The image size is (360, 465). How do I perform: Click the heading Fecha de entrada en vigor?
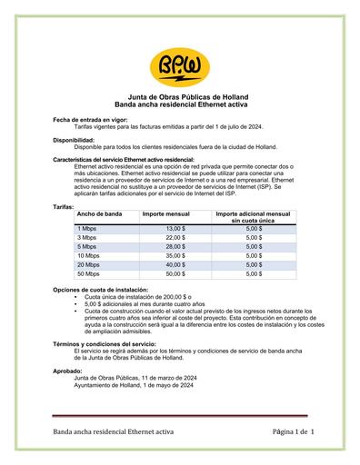[x=89, y=119]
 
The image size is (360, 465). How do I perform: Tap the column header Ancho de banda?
[x=100, y=213]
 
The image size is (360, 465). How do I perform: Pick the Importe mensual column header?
[x=165, y=213]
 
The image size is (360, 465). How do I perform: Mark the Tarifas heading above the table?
[x=64, y=206]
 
